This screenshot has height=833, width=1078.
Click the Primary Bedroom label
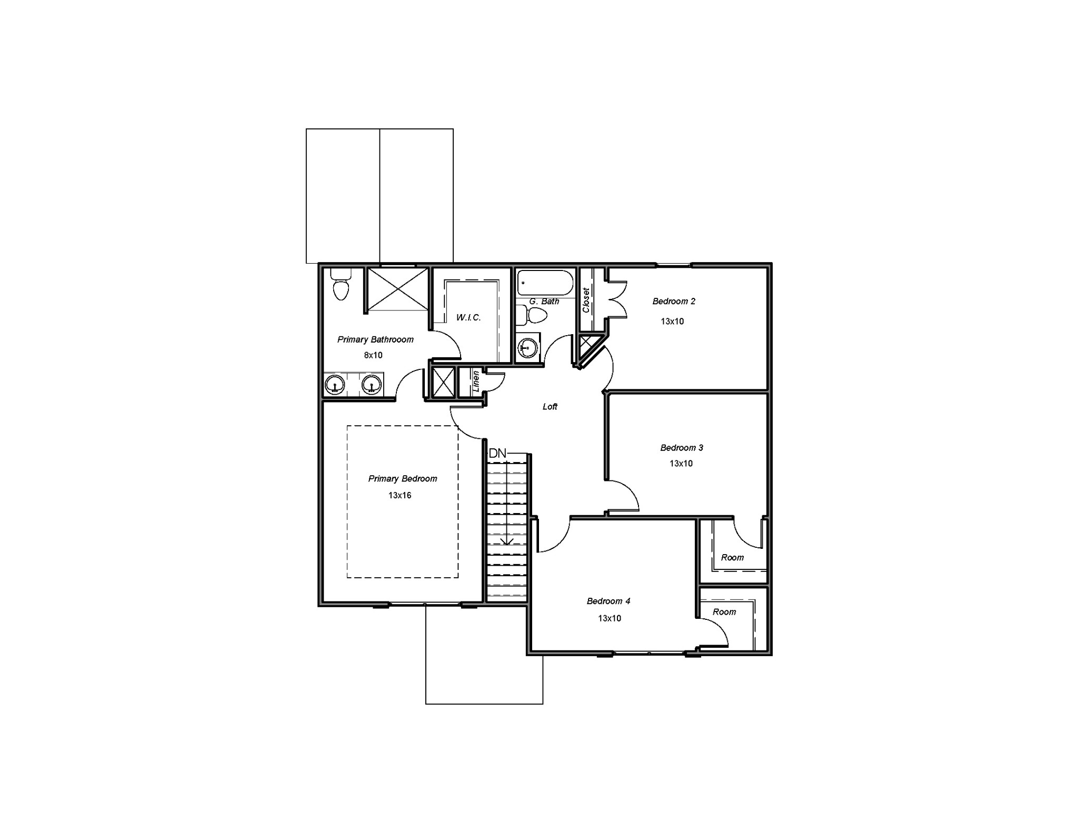(403, 479)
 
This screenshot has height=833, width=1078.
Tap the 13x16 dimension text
(400, 495)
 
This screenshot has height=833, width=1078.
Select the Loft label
(550, 407)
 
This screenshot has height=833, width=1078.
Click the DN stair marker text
(497, 453)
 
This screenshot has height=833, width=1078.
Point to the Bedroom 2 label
(674, 302)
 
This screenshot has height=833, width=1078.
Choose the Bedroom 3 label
(682, 448)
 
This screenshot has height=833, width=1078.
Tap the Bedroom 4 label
(608, 601)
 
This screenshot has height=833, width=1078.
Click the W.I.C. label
(468, 318)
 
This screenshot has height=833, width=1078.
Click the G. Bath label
(544, 302)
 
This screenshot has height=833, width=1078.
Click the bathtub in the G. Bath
(545, 283)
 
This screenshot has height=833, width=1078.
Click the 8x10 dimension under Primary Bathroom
(373, 355)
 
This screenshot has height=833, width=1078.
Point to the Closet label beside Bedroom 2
(586, 300)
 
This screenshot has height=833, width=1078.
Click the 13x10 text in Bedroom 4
(610, 618)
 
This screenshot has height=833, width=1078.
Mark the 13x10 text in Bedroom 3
(681, 464)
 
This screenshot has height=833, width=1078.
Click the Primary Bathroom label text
(375, 339)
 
